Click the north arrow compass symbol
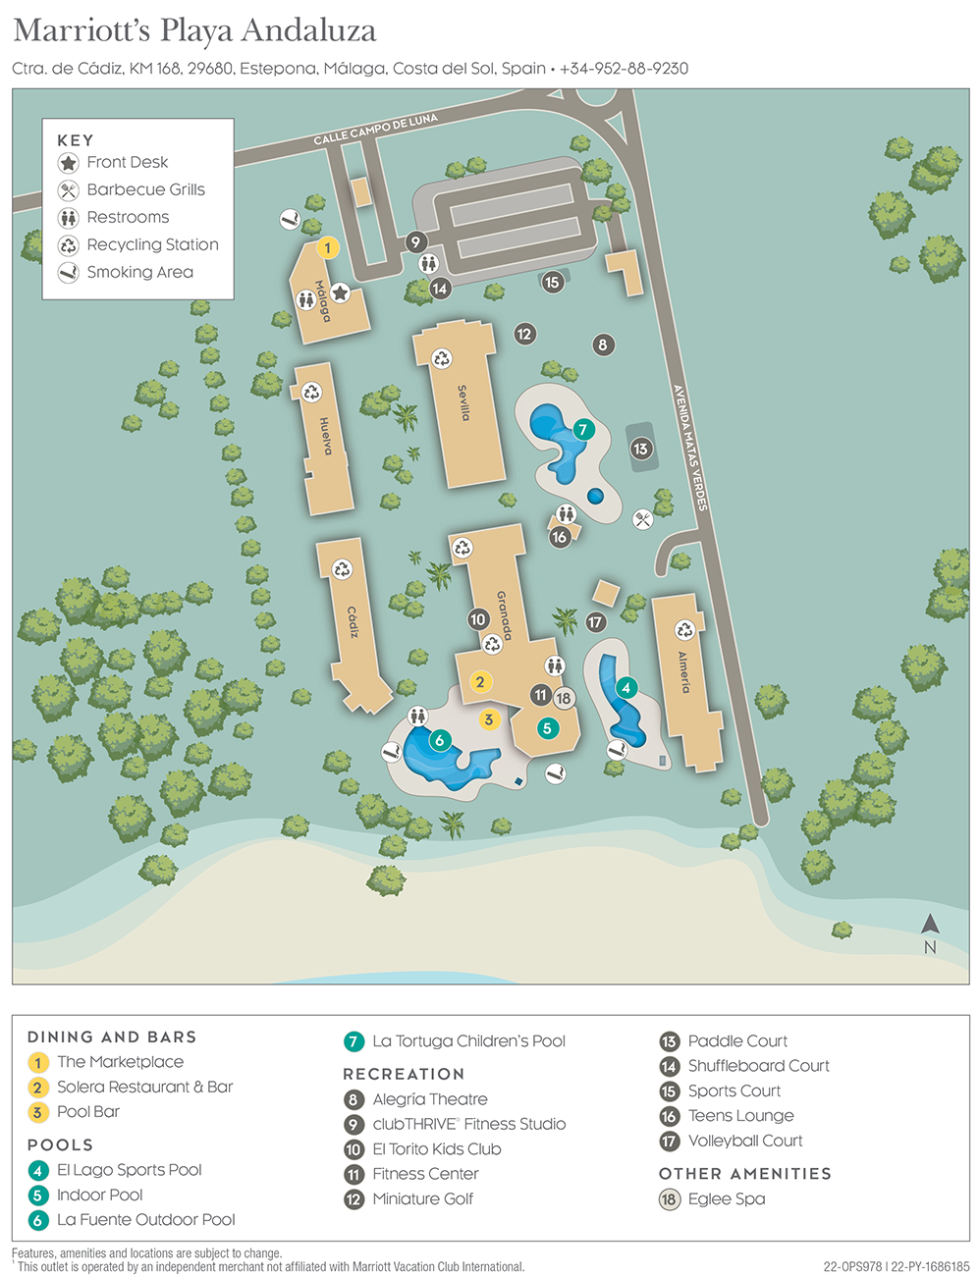pos(930,925)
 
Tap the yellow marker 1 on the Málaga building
pos(328,247)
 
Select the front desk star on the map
pos(340,292)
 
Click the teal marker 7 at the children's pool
pos(582,429)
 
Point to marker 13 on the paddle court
pos(640,449)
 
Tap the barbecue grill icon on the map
pos(643,519)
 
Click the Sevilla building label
pos(463,403)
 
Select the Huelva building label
pos(326,437)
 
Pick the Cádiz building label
pos(353,622)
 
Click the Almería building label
pos(683,671)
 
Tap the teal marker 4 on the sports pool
pos(625,688)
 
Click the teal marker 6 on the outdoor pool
pos(439,740)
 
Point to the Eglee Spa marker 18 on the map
pos(563,698)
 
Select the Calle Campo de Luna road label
pos(375,130)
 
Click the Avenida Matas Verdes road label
pos(689,447)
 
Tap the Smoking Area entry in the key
pos(139,272)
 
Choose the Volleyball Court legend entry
pos(744,1141)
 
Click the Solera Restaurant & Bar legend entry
pos(144,1087)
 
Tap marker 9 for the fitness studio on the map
pos(415,241)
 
